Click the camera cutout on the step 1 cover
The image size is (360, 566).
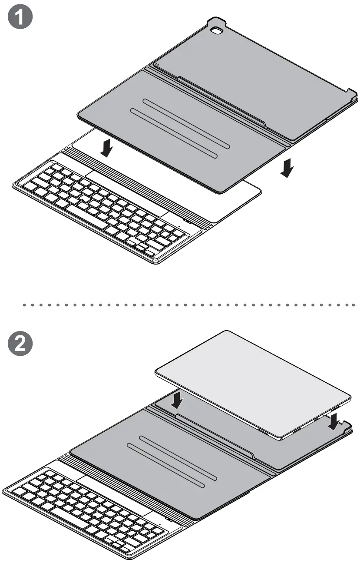click(x=216, y=31)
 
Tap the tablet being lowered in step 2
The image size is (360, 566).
click(x=252, y=382)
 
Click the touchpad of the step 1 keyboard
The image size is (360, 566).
click(x=126, y=191)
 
